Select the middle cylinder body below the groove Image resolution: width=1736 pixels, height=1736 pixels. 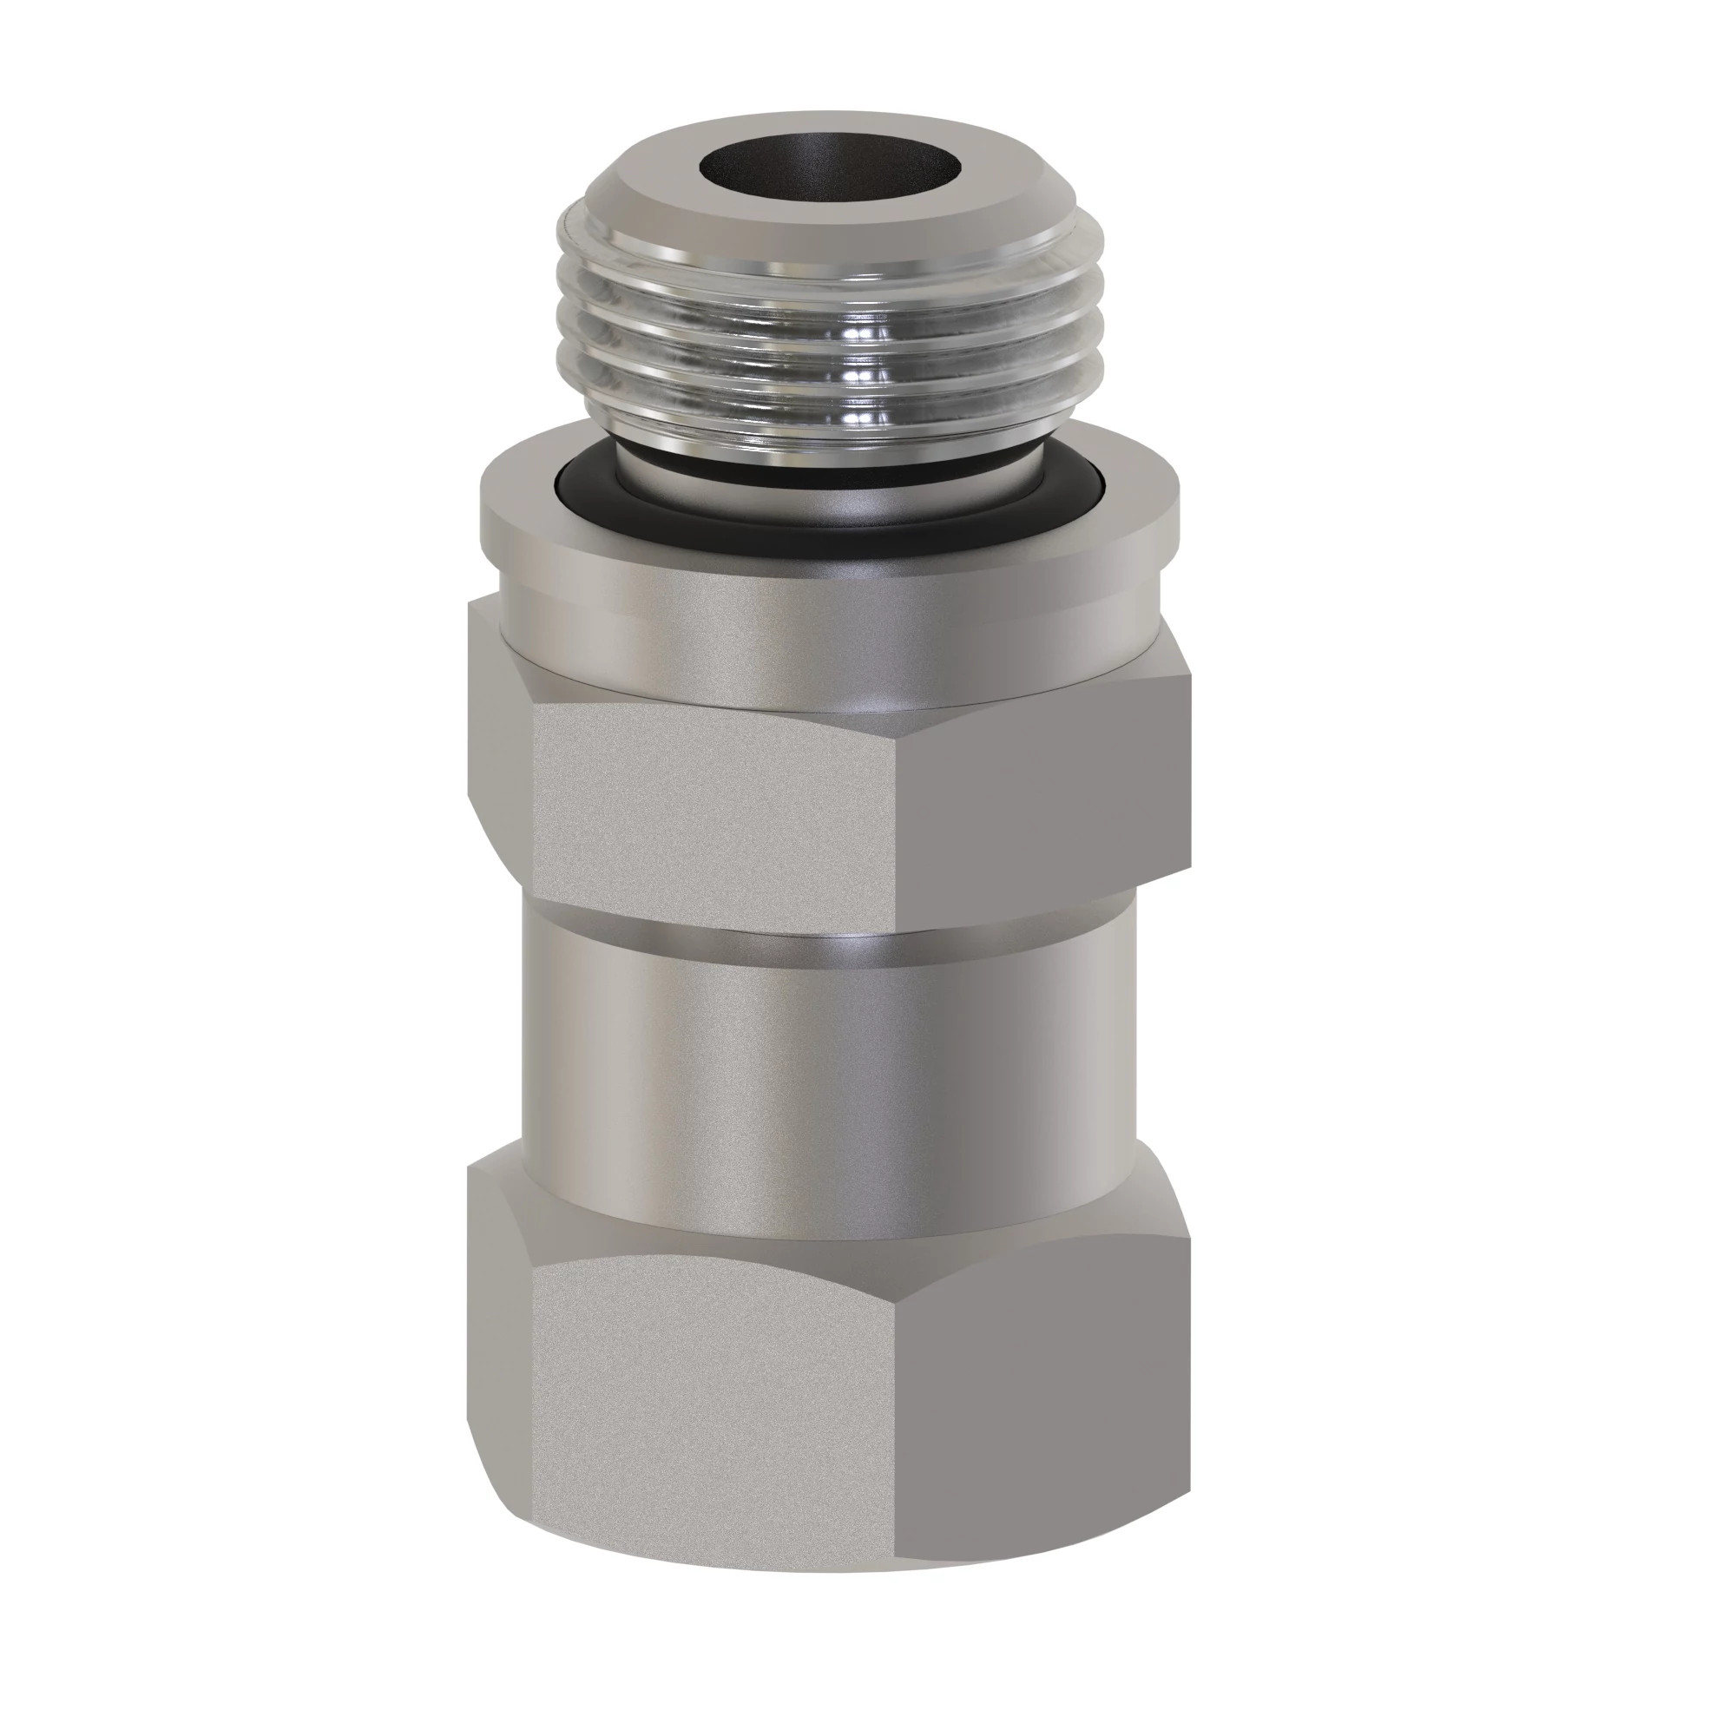click(x=826, y=1078)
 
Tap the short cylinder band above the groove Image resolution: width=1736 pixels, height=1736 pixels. click(x=826, y=918)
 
